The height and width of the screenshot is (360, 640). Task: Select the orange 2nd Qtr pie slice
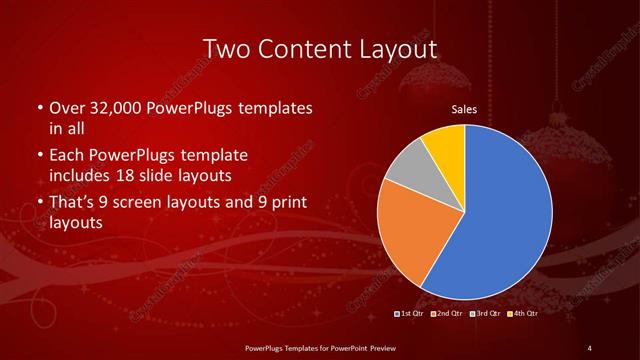(408, 235)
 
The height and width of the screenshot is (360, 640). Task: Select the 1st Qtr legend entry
(411, 314)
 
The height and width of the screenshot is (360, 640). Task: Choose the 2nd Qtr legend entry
(448, 314)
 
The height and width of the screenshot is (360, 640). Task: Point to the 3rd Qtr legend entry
(486, 314)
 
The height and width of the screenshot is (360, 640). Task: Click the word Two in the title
(226, 47)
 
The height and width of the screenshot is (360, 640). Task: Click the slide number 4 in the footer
(590, 347)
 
